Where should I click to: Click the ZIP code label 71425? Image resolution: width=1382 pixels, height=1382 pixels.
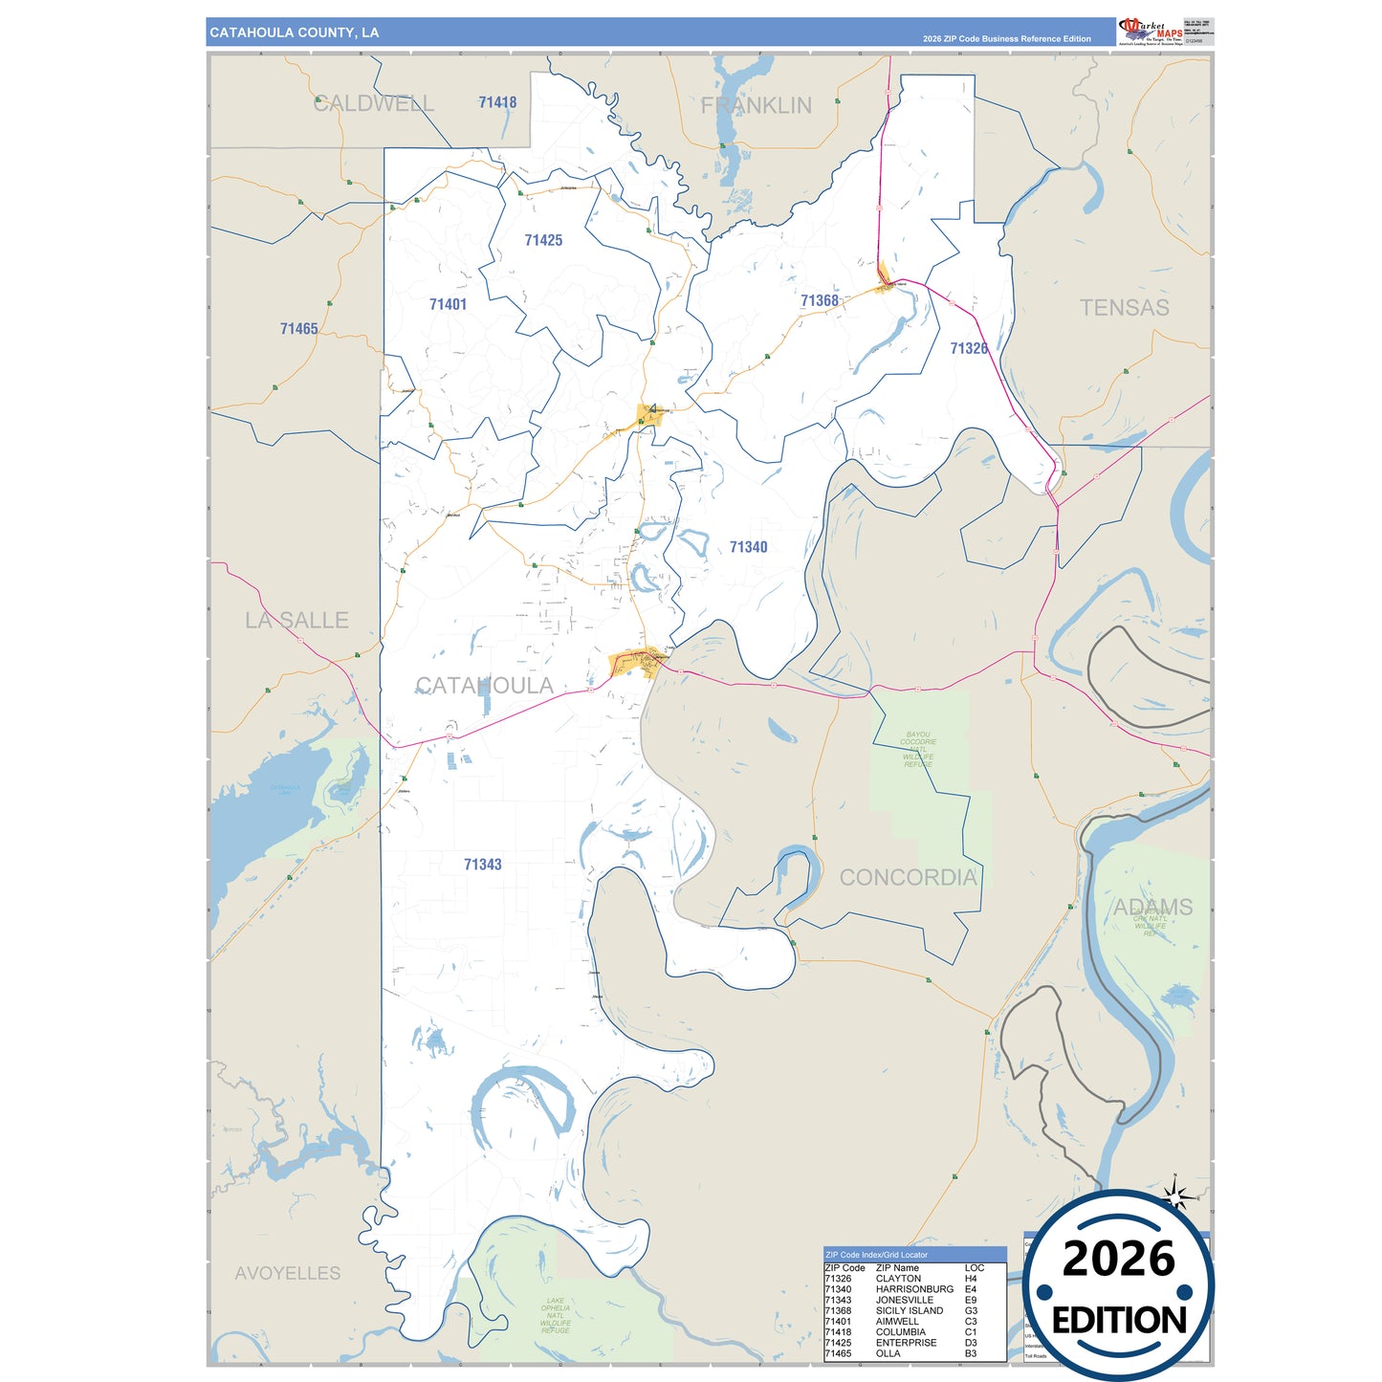543,240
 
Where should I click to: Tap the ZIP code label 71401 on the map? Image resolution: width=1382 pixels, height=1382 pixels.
448,304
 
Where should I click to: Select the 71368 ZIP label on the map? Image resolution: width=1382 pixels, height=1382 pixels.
820,300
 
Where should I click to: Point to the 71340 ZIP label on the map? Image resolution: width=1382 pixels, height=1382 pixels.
748,547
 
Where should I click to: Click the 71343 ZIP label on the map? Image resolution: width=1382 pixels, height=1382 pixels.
482,865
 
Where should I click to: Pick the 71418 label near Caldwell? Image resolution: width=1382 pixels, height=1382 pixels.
497,102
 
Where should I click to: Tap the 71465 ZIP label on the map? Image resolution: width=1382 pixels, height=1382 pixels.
298,329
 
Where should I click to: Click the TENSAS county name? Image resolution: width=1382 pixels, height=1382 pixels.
1124,308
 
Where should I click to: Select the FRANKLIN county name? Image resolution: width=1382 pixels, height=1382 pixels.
756,105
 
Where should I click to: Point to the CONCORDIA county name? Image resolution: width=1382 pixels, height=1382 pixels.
908,877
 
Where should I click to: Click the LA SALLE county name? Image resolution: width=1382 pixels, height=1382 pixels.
296,621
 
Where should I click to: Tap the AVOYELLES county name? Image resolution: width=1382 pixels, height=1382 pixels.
288,1273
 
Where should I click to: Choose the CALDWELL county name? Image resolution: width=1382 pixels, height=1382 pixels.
373,103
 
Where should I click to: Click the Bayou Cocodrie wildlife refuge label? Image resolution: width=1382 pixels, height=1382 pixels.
918,750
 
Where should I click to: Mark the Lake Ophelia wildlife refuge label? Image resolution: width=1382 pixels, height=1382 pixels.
555,1316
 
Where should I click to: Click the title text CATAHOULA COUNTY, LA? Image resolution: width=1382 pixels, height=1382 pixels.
295,33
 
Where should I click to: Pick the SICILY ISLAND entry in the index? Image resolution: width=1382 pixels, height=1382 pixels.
910,1311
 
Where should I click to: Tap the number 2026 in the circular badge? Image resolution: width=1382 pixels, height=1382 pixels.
1118,1259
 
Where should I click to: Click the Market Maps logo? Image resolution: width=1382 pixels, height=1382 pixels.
1150,31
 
